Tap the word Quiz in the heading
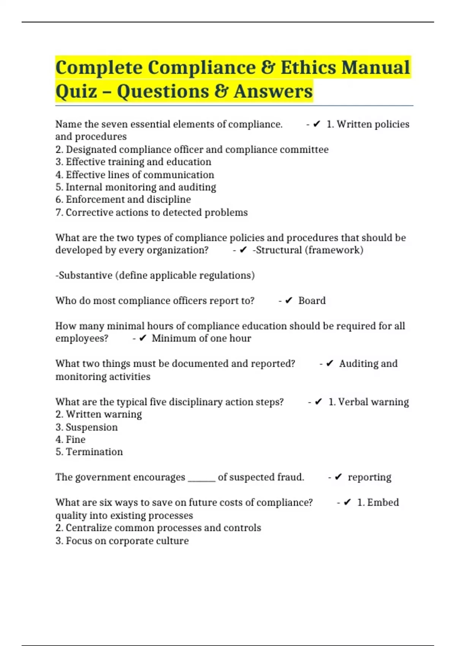click(76, 92)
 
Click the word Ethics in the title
click(308, 68)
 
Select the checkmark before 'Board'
click(289, 301)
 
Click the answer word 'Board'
click(312, 301)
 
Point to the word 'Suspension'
click(92, 427)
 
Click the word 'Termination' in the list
click(94, 452)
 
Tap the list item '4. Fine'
click(71, 440)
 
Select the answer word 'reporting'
click(369, 477)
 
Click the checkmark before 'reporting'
click(339, 477)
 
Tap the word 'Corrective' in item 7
click(89, 212)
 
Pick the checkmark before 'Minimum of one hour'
click(143, 338)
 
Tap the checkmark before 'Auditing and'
click(330, 364)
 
